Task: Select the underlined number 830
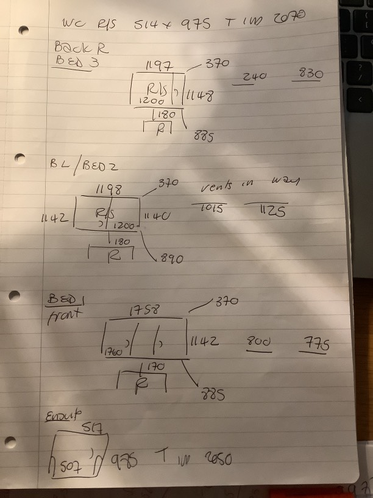(x=310, y=74)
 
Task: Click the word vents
(x=215, y=186)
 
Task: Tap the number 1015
(x=210, y=208)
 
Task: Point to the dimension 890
(x=171, y=259)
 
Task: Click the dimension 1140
(x=157, y=215)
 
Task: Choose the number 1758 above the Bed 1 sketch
(x=144, y=311)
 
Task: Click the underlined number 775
(x=314, y=344)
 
